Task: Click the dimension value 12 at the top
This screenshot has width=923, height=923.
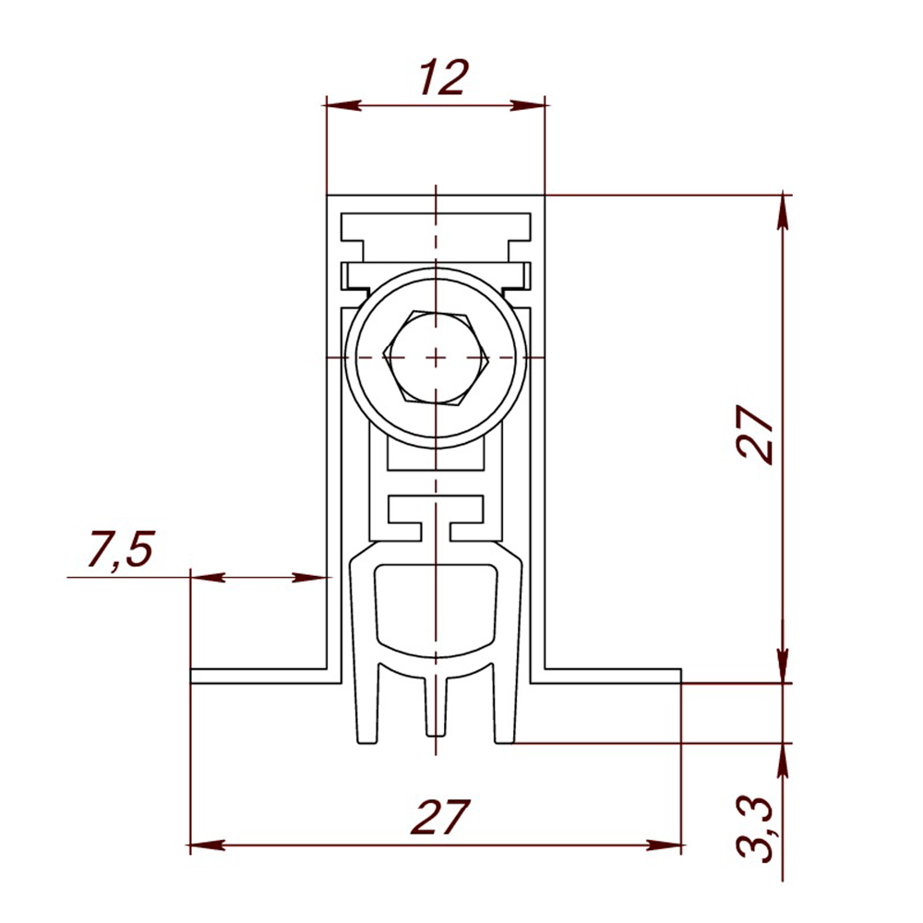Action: tap(444, 78)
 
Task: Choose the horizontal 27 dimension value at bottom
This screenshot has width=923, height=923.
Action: tap(440, 818)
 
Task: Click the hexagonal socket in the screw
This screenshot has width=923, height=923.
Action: tap(436, 356)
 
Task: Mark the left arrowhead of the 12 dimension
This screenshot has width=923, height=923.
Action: tap(340, 105)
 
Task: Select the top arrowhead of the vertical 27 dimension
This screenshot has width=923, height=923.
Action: tap(784, 209)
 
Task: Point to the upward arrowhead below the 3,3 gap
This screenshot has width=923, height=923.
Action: tap(784, 757)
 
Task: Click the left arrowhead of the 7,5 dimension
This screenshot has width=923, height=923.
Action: tap(205, 578)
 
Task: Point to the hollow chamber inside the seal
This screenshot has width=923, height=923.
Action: tap(435, 609)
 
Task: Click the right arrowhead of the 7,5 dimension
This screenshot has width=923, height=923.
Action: tap(316, 578)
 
